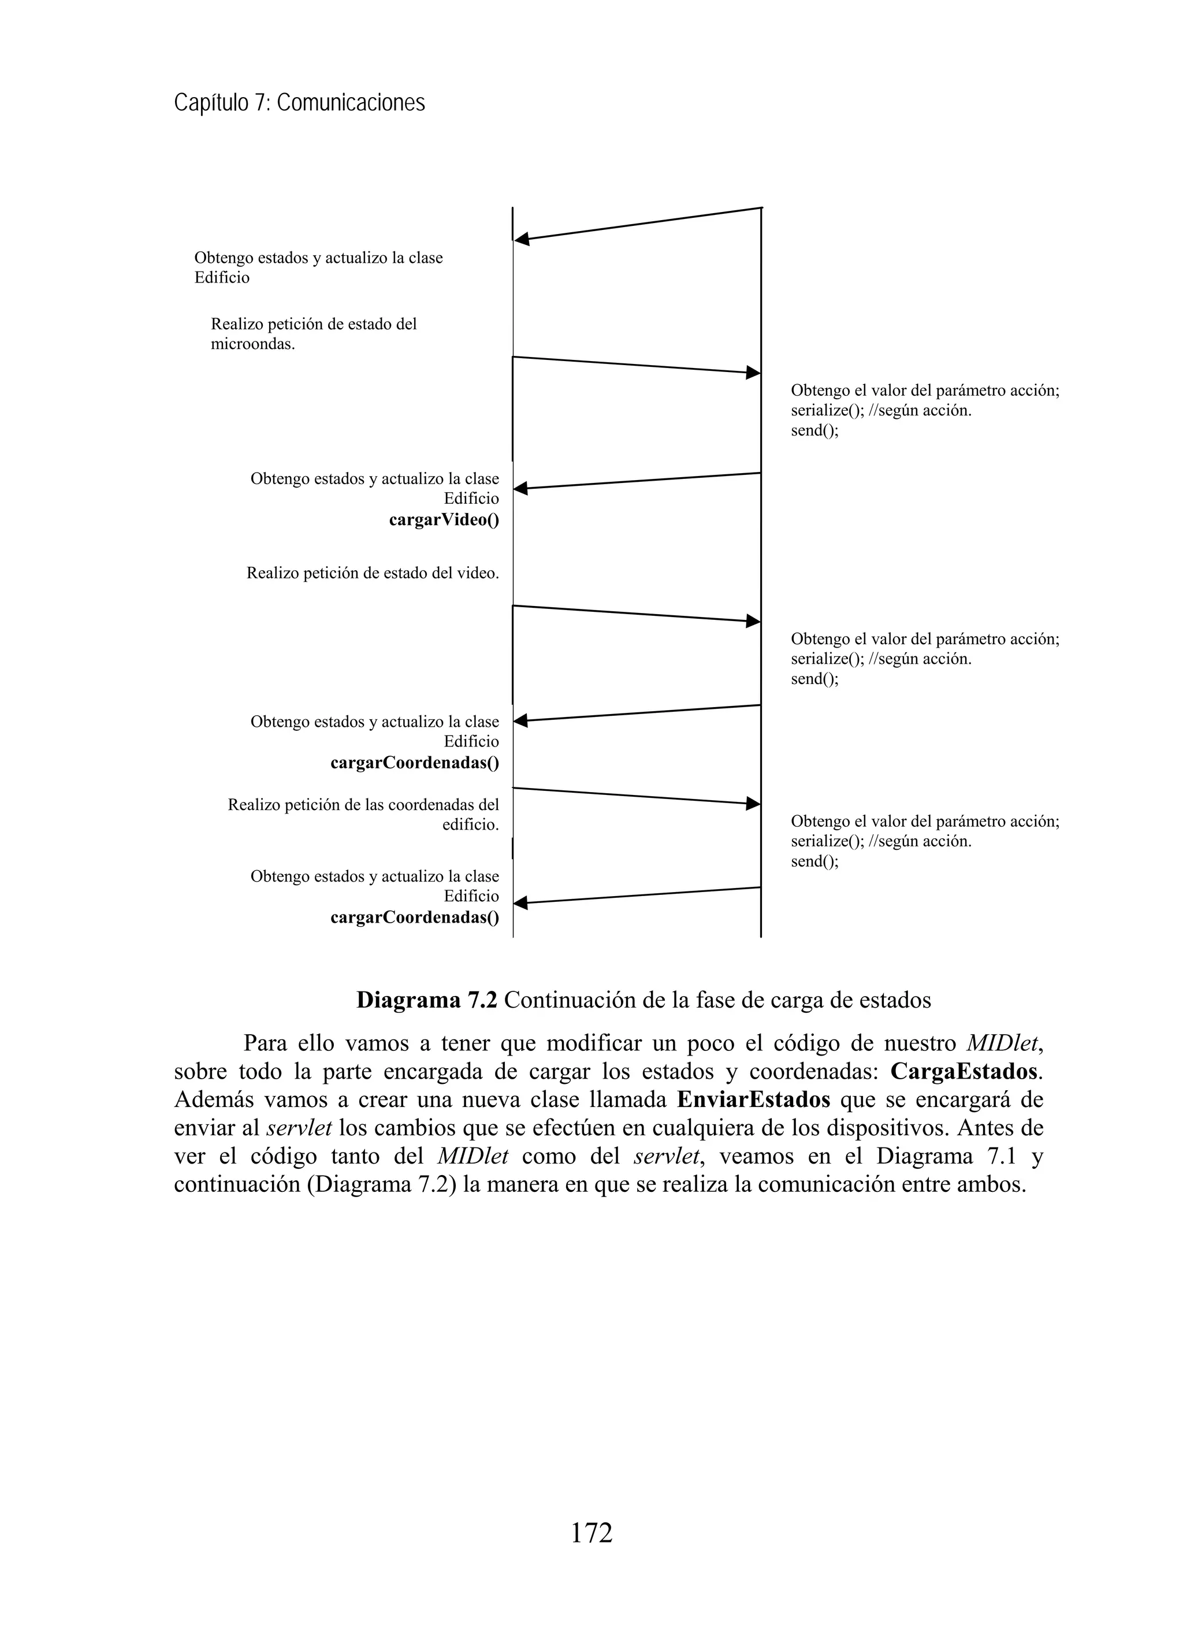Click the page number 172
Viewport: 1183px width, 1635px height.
click(591, 1532)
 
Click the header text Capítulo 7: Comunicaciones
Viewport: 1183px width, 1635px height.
click(299, 103)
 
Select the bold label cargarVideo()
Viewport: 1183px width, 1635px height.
click(444, 520)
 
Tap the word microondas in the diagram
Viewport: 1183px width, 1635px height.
click(252, 344)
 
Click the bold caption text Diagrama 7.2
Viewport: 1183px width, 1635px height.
click(426, 1000)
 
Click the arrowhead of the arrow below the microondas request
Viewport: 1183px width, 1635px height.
click(753, 373)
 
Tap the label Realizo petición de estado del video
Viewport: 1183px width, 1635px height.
click(373, 573)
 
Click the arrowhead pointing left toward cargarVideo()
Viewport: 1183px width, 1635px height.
click(520, 489)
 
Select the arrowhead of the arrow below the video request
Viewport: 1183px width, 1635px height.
click(753, 620)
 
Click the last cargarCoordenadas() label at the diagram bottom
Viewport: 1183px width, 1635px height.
click(415, 917)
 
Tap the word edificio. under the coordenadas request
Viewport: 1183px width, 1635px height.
click(470, 824)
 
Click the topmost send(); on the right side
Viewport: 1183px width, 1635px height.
click(814, 431)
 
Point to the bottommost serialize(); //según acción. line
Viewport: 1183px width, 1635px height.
click(881, 841)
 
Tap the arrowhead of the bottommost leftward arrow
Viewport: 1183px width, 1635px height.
click(520, 902)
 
